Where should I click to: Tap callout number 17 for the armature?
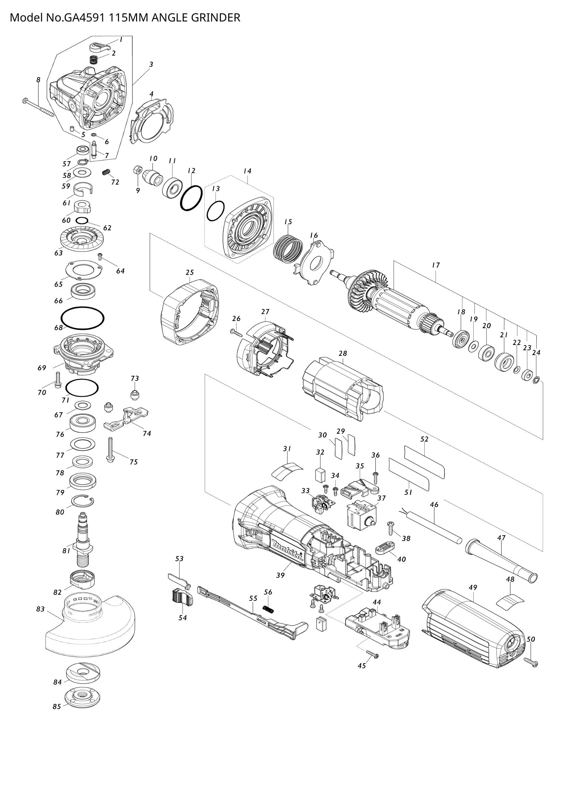[436, 265]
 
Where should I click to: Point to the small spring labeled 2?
[93, 59]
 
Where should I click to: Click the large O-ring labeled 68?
[83, 318]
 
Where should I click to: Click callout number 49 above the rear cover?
[473, 587]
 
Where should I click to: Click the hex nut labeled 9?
[137, 170]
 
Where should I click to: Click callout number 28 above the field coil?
[343, 353]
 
